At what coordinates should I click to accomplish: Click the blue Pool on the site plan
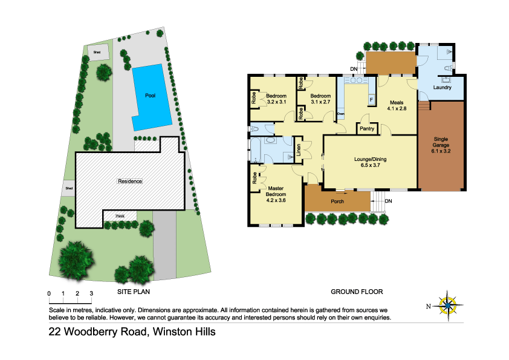pos(150,96)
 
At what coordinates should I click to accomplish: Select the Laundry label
pos(443,88)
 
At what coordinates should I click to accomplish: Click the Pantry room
pos(368,128)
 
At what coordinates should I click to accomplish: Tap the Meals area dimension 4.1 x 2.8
pos(397,110)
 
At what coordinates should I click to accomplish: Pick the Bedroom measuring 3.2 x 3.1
pos(276,99)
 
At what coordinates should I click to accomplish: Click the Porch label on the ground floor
pos(338,201)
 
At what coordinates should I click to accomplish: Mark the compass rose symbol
pos(448,304)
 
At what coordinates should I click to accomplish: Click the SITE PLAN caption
pos(132,292)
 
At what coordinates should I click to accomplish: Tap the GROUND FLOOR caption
pos(357,292)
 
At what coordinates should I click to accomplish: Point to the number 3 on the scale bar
pos(91,293)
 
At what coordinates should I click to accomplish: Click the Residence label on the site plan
pos(130,181)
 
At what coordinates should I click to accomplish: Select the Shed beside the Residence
pos(70,189)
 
